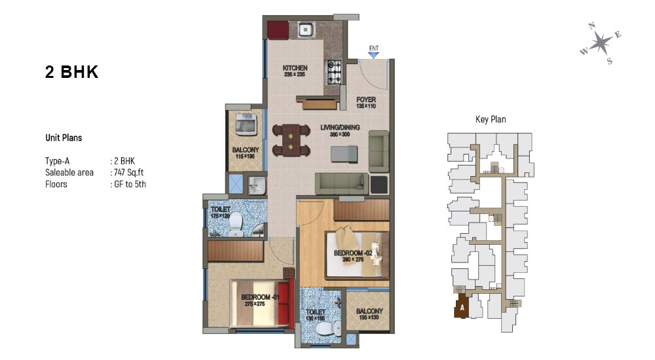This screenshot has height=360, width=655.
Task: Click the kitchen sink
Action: [x=306, y=29]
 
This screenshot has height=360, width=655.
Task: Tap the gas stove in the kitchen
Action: [x=334, y=72]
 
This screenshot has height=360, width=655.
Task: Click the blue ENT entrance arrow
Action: [x=374, y=55]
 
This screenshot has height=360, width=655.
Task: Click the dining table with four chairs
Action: [x=291, y=141]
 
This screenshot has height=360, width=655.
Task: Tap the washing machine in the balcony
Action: [x=246, y=124]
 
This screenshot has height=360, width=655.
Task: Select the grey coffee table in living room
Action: [x=345, y=154]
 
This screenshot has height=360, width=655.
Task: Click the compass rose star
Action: [x=600, y=43]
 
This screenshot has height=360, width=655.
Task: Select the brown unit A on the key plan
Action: [x=462, y=306]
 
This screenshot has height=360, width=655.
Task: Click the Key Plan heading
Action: [x=491, y=119]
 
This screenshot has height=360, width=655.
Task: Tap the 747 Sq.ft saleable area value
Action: [x=128, y=172]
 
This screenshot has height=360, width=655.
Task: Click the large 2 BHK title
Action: [x=72, y=72]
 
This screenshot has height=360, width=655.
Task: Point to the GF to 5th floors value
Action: [x=130, y=184]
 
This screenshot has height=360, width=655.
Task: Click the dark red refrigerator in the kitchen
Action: [x=278, y=29]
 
